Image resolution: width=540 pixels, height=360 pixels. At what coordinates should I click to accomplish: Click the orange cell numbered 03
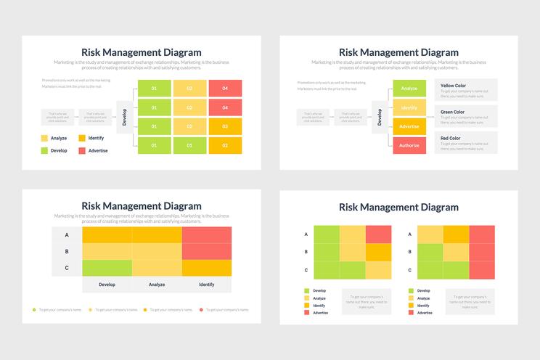coord(226,127)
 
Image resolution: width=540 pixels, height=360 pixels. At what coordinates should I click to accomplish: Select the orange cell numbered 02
coord(226,146)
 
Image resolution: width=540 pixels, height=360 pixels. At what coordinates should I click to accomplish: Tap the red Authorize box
coord(409,145)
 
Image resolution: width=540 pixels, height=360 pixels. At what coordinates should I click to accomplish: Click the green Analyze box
coord(409,89)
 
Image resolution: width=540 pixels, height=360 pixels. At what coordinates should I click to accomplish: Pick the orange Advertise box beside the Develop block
coord(409,126)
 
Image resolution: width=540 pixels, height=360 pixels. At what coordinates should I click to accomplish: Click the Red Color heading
coord(450,138)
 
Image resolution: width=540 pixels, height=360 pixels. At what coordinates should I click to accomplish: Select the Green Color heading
coord(452,112)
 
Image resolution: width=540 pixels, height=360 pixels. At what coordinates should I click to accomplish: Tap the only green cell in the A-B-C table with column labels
coord(107,268)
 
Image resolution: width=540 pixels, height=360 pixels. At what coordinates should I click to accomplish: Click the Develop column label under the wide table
coord(107,285)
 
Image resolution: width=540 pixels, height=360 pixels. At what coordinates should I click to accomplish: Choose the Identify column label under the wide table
coord(207,285)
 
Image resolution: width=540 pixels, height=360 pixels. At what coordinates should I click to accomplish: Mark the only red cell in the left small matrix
coord(378,234)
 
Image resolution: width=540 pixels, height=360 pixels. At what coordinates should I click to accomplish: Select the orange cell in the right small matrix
coord(456,234)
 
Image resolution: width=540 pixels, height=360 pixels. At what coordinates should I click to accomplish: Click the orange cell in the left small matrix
coord(378,252)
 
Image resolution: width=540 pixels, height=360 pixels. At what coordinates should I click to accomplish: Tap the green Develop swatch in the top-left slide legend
coord(44,151)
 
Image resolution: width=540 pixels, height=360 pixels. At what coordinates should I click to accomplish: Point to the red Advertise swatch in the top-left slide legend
coord(82,151)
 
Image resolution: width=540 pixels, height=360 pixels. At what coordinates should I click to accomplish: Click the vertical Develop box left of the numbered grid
coord(124,118)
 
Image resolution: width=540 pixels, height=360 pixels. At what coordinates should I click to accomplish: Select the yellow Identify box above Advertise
coord(409,107)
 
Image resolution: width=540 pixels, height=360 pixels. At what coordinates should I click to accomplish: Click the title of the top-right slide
coord(398,52)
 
